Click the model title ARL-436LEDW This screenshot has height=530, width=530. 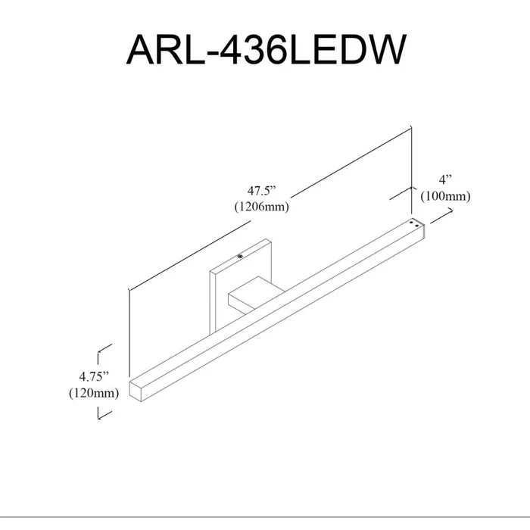[x=266, y=49]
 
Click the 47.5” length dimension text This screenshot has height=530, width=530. [x=262, y=191]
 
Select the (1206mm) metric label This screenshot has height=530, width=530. [x=262, y=206]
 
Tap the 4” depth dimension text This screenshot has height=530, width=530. [x=445, y=180]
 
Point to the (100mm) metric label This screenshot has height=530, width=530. [x=445, y=196]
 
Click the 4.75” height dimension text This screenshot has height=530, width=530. [x=94, y=377]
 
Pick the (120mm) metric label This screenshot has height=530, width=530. [x=94, y=393]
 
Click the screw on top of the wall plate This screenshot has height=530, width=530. [x=240, y=256]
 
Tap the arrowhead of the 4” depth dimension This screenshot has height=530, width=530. [x=450, y=211]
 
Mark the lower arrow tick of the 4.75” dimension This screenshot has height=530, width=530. [x=104, y=413]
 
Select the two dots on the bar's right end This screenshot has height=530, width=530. [x=414, y=224]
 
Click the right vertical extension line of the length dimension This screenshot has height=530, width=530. [x=411, y=170]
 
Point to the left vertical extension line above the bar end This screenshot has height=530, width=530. [x=129, y=333]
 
